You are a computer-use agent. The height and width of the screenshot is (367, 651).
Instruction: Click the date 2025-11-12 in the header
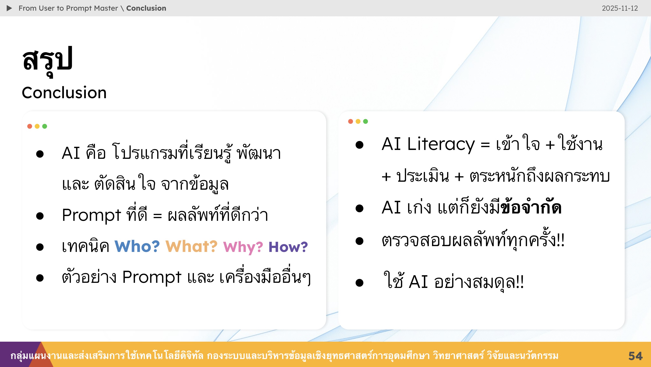[620, 8]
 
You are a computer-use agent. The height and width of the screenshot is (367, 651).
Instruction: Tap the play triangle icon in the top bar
[9, 8]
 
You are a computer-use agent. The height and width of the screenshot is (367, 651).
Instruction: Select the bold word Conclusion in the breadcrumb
[146, 8]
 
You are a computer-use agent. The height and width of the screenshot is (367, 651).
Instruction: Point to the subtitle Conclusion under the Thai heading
[64, 92]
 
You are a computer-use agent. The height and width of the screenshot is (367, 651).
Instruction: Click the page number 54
[635, 356]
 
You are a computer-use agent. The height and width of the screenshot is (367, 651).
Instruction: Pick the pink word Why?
[243, 247]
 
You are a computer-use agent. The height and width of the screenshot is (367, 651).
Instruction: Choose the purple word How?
[288, 247]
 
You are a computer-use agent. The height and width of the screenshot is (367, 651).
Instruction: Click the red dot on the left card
[30, 126]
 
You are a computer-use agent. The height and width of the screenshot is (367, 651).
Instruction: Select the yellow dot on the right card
[358, 121]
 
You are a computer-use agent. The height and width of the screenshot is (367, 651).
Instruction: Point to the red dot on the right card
[351, 121]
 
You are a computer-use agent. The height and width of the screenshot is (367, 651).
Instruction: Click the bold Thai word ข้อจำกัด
[531, 207]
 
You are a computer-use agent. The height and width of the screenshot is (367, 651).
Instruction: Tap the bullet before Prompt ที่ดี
[40, 216]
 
